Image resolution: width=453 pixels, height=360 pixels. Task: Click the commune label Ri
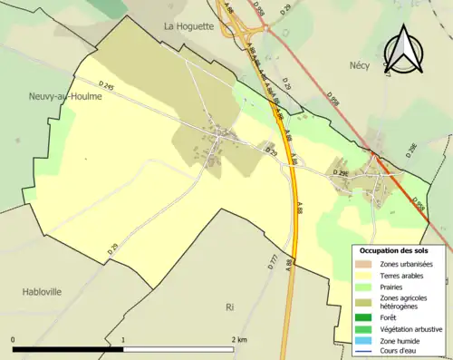[x=230, y=306]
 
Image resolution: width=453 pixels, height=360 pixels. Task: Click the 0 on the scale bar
[x=14, y=340]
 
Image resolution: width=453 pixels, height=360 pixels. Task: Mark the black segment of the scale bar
[x=68, y=349]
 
